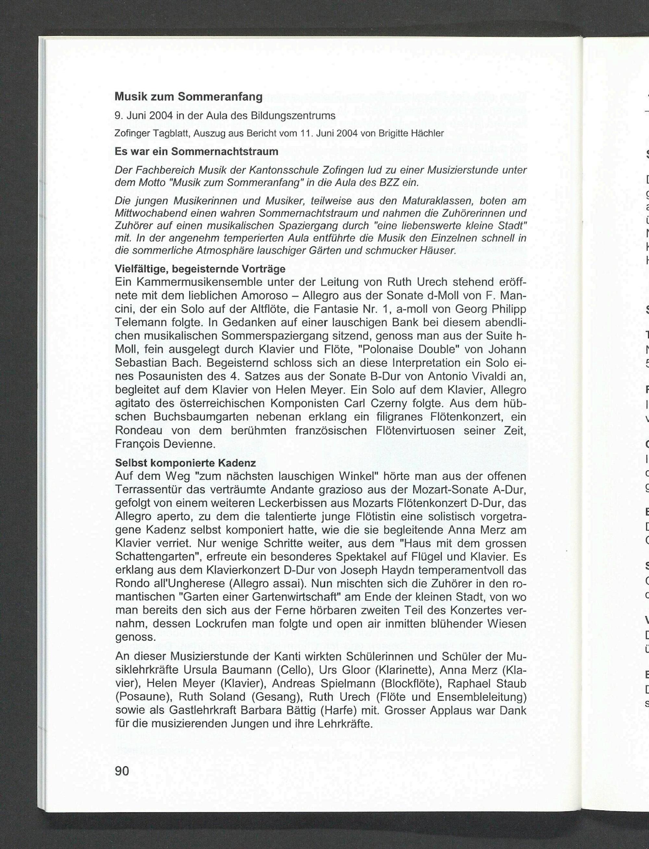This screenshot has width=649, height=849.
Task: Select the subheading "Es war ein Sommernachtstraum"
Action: point(196,152)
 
